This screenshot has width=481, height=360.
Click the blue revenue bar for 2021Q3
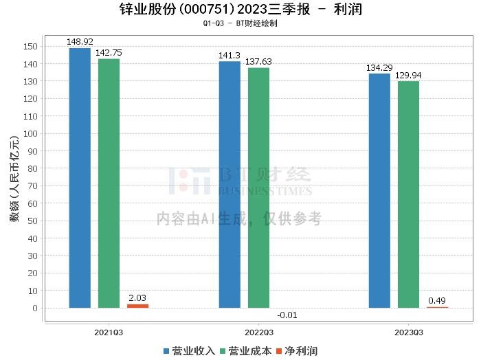(x=80, y=178)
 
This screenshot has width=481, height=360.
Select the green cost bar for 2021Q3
(x=109, y=183)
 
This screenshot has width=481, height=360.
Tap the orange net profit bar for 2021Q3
(x=137, y=306)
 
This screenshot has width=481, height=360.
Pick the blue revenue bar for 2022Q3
(x=230, y=185)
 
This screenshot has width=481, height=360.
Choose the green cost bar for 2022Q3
(x=258, y=188)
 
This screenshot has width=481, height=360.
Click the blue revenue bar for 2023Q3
(x=379, y=191)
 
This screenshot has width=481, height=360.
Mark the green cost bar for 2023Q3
(x=408, y=194)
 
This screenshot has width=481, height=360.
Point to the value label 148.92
(x=80, y=42)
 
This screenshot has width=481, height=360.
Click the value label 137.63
(x=258, y=62)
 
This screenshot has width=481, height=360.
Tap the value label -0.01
(x=287, y=315)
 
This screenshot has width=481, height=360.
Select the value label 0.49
(x=437, y=300)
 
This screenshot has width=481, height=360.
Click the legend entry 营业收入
(x=189, y=351)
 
